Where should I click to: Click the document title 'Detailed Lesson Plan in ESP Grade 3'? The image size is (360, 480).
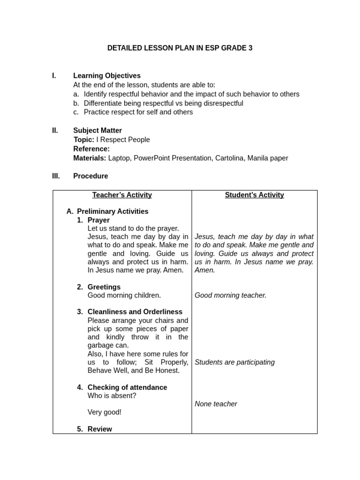coord(180,48)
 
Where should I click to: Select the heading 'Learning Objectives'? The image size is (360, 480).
coord(107,75)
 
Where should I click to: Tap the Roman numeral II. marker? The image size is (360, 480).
coord(55,130)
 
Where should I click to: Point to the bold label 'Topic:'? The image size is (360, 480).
coord(84,140)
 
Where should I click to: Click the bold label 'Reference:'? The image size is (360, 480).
coord(91,149)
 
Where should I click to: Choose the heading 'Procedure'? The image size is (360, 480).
coord(90,176)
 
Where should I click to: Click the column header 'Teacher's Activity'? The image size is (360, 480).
coord(122,195)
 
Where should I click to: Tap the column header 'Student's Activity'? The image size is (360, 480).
coord(255,195)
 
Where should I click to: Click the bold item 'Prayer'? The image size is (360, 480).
coord(98,220)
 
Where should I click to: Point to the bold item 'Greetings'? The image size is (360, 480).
coord(104,287)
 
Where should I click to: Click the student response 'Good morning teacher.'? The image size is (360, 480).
coord(231,295)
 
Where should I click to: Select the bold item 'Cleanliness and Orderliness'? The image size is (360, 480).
coord(135,312)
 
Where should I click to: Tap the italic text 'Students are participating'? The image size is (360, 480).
coord(235,362)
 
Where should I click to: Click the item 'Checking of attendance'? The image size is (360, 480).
coord(127,387)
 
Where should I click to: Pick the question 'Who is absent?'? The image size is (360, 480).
coord(112,396)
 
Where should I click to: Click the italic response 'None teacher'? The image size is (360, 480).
coord(216,404)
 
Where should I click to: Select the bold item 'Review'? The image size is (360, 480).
coord(100,429)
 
